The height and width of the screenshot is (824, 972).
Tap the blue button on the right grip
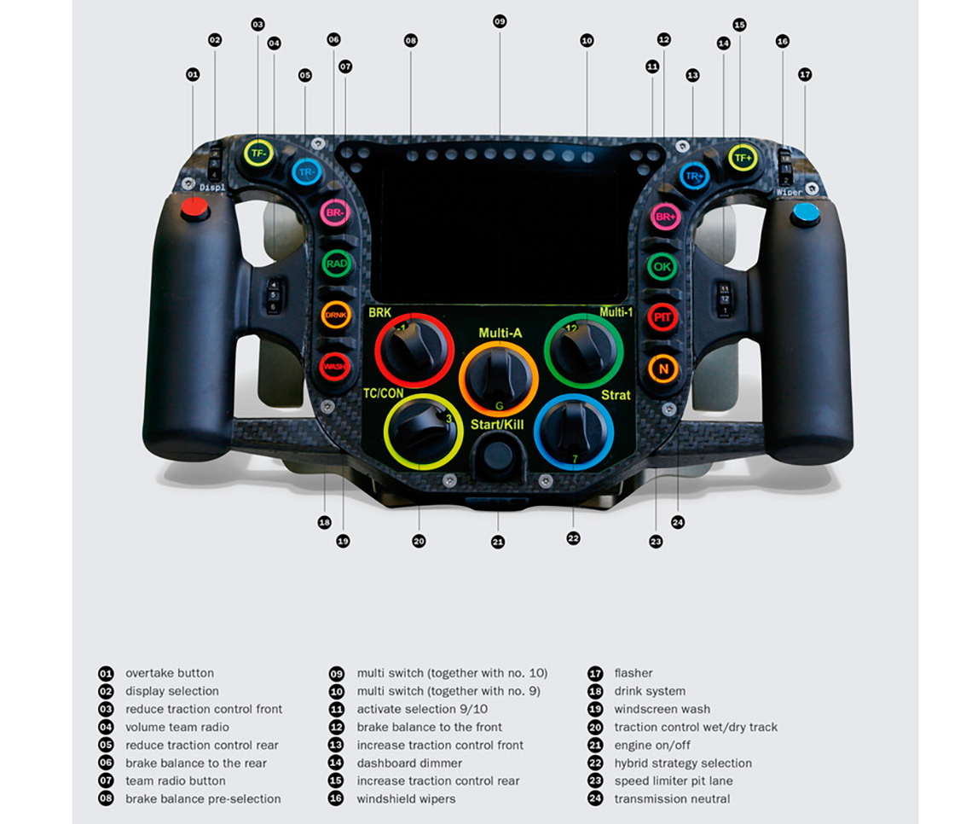click(x=805, y=212)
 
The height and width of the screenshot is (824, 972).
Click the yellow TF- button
click(x=258, y=153)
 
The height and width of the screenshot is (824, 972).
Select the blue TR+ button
click(x=695, y=177)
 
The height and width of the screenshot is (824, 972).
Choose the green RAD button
click(x=337, y=264)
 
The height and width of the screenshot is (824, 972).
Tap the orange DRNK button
click(x=336, y=315)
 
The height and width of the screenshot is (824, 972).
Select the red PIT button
click(x=662, y=317)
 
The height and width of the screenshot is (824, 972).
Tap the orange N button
click(x=662, y=368)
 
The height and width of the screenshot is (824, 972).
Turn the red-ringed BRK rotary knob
click(x=414, y=351)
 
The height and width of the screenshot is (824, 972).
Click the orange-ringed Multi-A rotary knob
click(x=499, y=376)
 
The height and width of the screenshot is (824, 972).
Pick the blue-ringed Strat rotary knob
click(x=573, y=431)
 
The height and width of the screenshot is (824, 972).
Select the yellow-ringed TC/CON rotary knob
click(x=423, y=431)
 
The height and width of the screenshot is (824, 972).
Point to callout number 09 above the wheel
click(x=500, y=20)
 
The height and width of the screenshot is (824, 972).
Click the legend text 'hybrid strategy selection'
click(x=683, y=763)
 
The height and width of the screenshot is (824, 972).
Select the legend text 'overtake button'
click(x=170, y=673)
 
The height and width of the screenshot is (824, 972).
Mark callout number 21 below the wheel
click(x=498, y=542)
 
